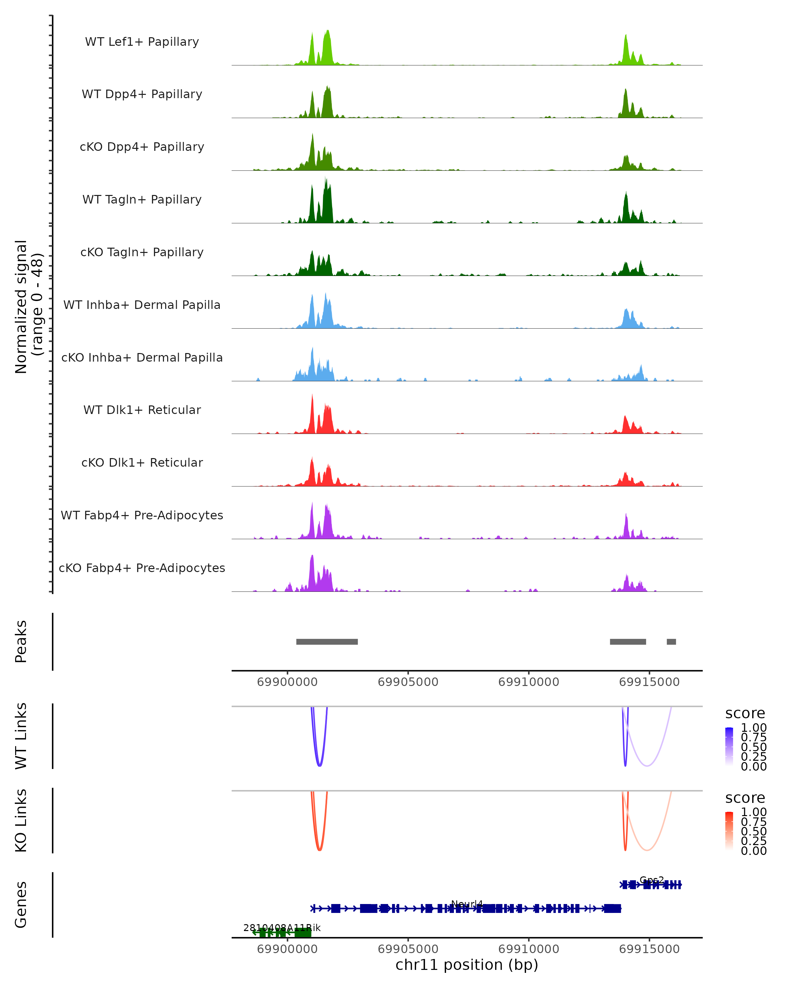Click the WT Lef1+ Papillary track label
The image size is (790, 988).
(x=142, y=42)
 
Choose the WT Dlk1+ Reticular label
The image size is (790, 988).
(x=142, y=410)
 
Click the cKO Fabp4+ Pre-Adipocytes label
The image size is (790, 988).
(x=142, y=568)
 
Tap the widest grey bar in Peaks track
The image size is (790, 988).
(x=327, y=642)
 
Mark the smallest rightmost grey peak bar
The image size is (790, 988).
(x=671, y=642)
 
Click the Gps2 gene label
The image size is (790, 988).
(x=651, y=880)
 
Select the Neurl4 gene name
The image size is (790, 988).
(x=467, y=904)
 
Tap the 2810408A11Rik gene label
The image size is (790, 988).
(x=282, y=928)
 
